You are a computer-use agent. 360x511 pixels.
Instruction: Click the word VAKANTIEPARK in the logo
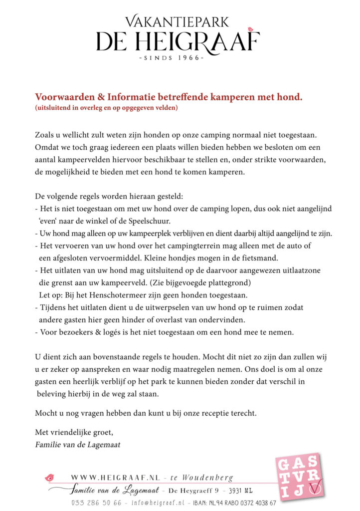(x=177, y=21)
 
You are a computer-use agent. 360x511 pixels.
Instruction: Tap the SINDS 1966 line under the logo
(x=178, y=57)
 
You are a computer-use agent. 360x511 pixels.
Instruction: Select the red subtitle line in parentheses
(x=107, y=107)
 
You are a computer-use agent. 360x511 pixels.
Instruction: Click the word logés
(x=106, y=332)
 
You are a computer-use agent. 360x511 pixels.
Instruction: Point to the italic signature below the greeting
(x=78, y=444)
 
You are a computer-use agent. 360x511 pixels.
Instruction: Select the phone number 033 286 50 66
(x=96, y=502)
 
